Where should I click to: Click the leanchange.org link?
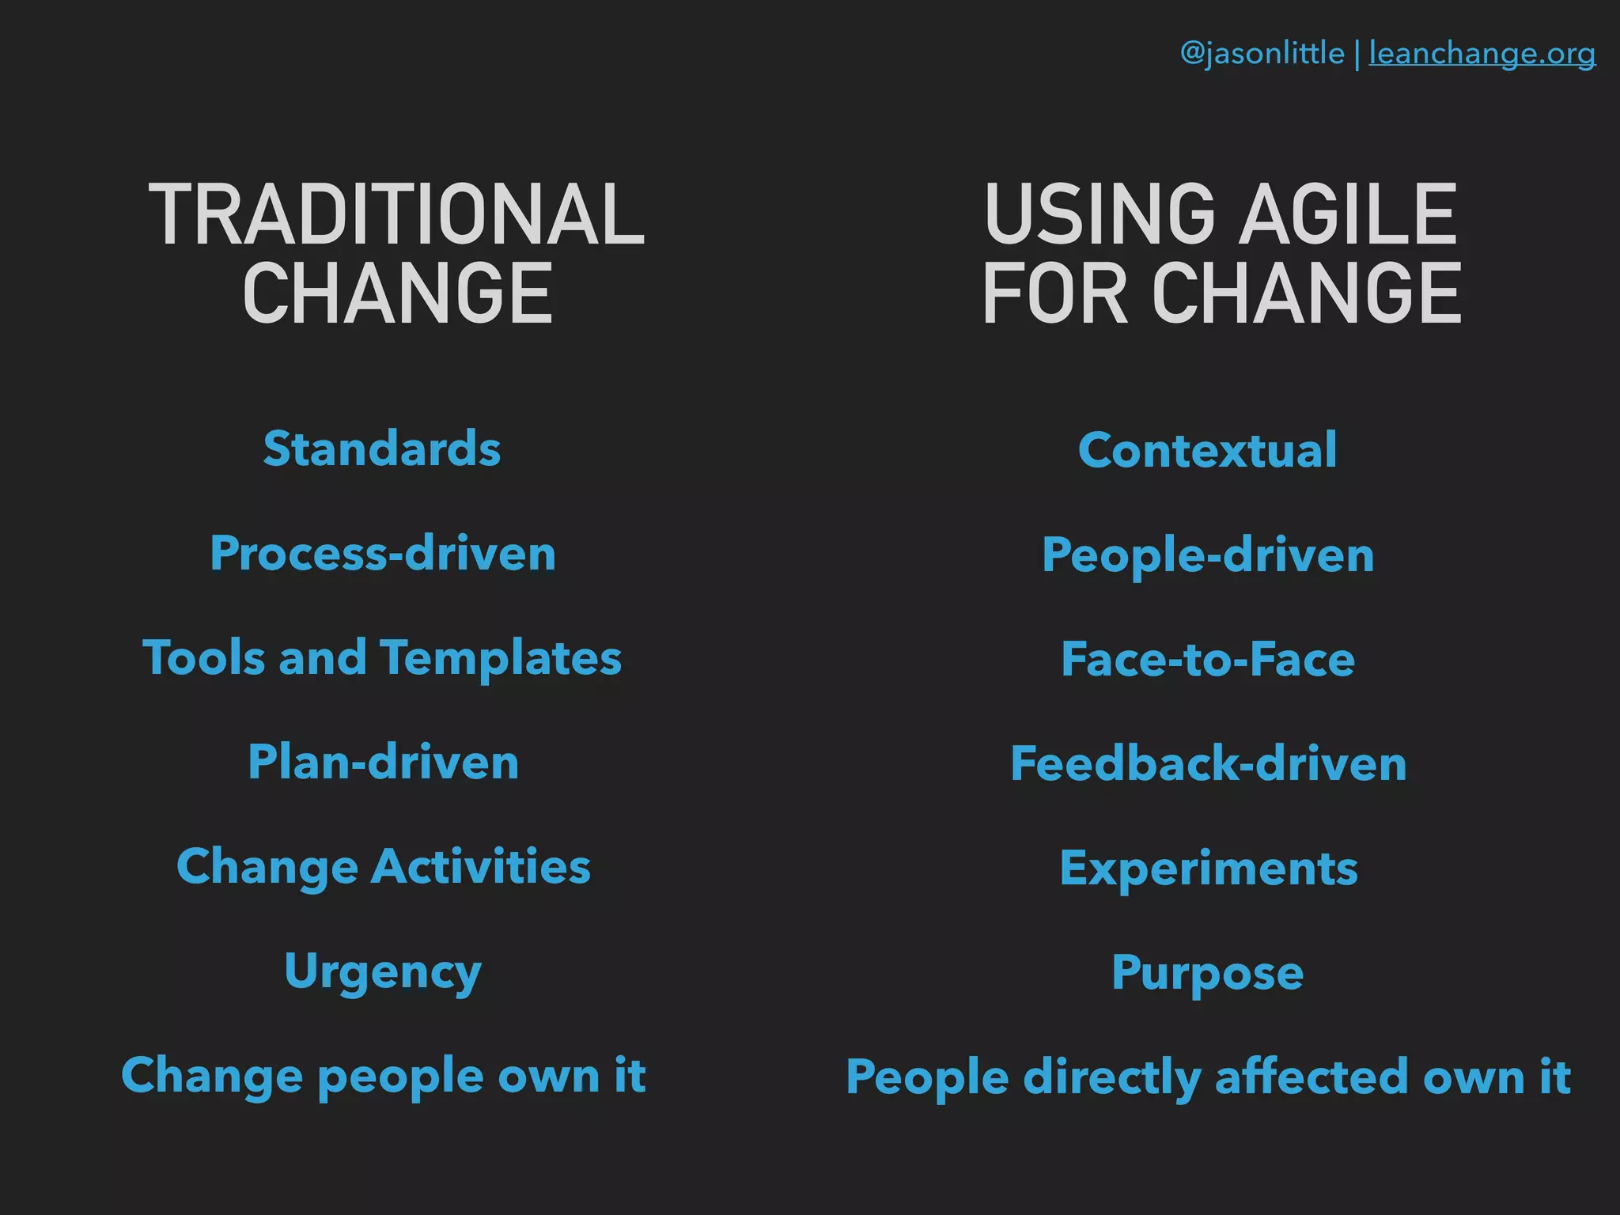click(x=1482, y=54)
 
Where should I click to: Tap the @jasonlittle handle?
click(x=1262, y=54)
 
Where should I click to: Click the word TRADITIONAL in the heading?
click(x=396, y=214)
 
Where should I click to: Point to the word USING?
click(x=1100, y=214)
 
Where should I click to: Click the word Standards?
click(x=382, y=449)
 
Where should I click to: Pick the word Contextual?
click(x=1207, y=450)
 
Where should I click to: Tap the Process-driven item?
click(x=383, y=553)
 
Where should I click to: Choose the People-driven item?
click(x=1208, y=555)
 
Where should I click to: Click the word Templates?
click(x=501, y=658)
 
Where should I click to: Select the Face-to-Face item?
click(x=1208, y=659)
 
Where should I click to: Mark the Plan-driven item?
click(x=384, y=762)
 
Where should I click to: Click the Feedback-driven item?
click(x=1209, y=763)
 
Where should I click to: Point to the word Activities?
click(x=481, y=866)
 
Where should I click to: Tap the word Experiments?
click(x=1209, y=869)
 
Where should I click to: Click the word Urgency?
click(x=383, y=971)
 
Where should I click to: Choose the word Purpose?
click(x=1207, y=973)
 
